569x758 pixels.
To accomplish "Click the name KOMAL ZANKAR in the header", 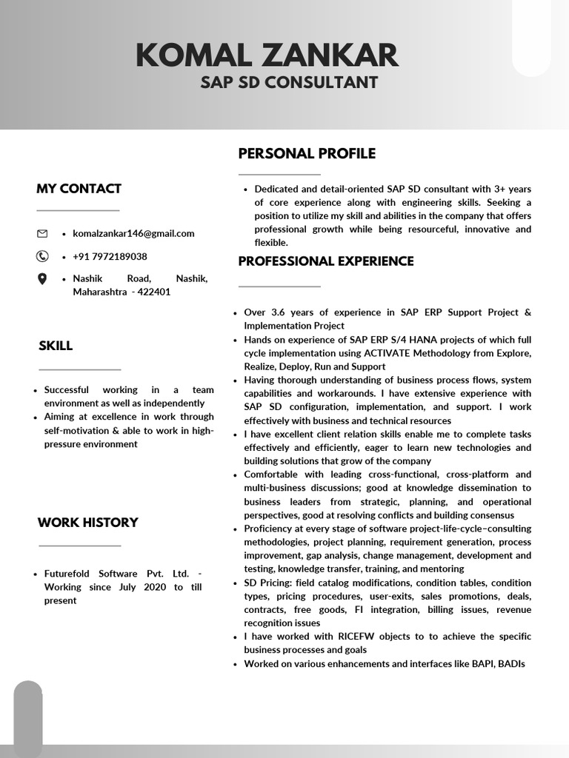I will click(x=267, y=56).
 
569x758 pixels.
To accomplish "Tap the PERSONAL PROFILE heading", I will click(x=307, y=153).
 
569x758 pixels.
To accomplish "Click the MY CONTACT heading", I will click(x=79, y=188).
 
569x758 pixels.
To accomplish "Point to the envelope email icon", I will click(x=42, y=233).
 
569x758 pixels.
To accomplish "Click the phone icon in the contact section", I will click(x=42, y=256).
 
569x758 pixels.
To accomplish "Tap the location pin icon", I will click(x=42, y=279).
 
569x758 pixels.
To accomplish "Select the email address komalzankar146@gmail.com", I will click(x=133, y=233).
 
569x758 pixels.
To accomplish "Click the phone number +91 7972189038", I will click(x=110, y=256).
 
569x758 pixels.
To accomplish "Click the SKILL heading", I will click(x=56, y=345).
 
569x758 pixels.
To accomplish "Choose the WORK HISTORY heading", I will click(x=87, y=522).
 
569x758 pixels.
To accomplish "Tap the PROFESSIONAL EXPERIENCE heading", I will click(x=326, y=261).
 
